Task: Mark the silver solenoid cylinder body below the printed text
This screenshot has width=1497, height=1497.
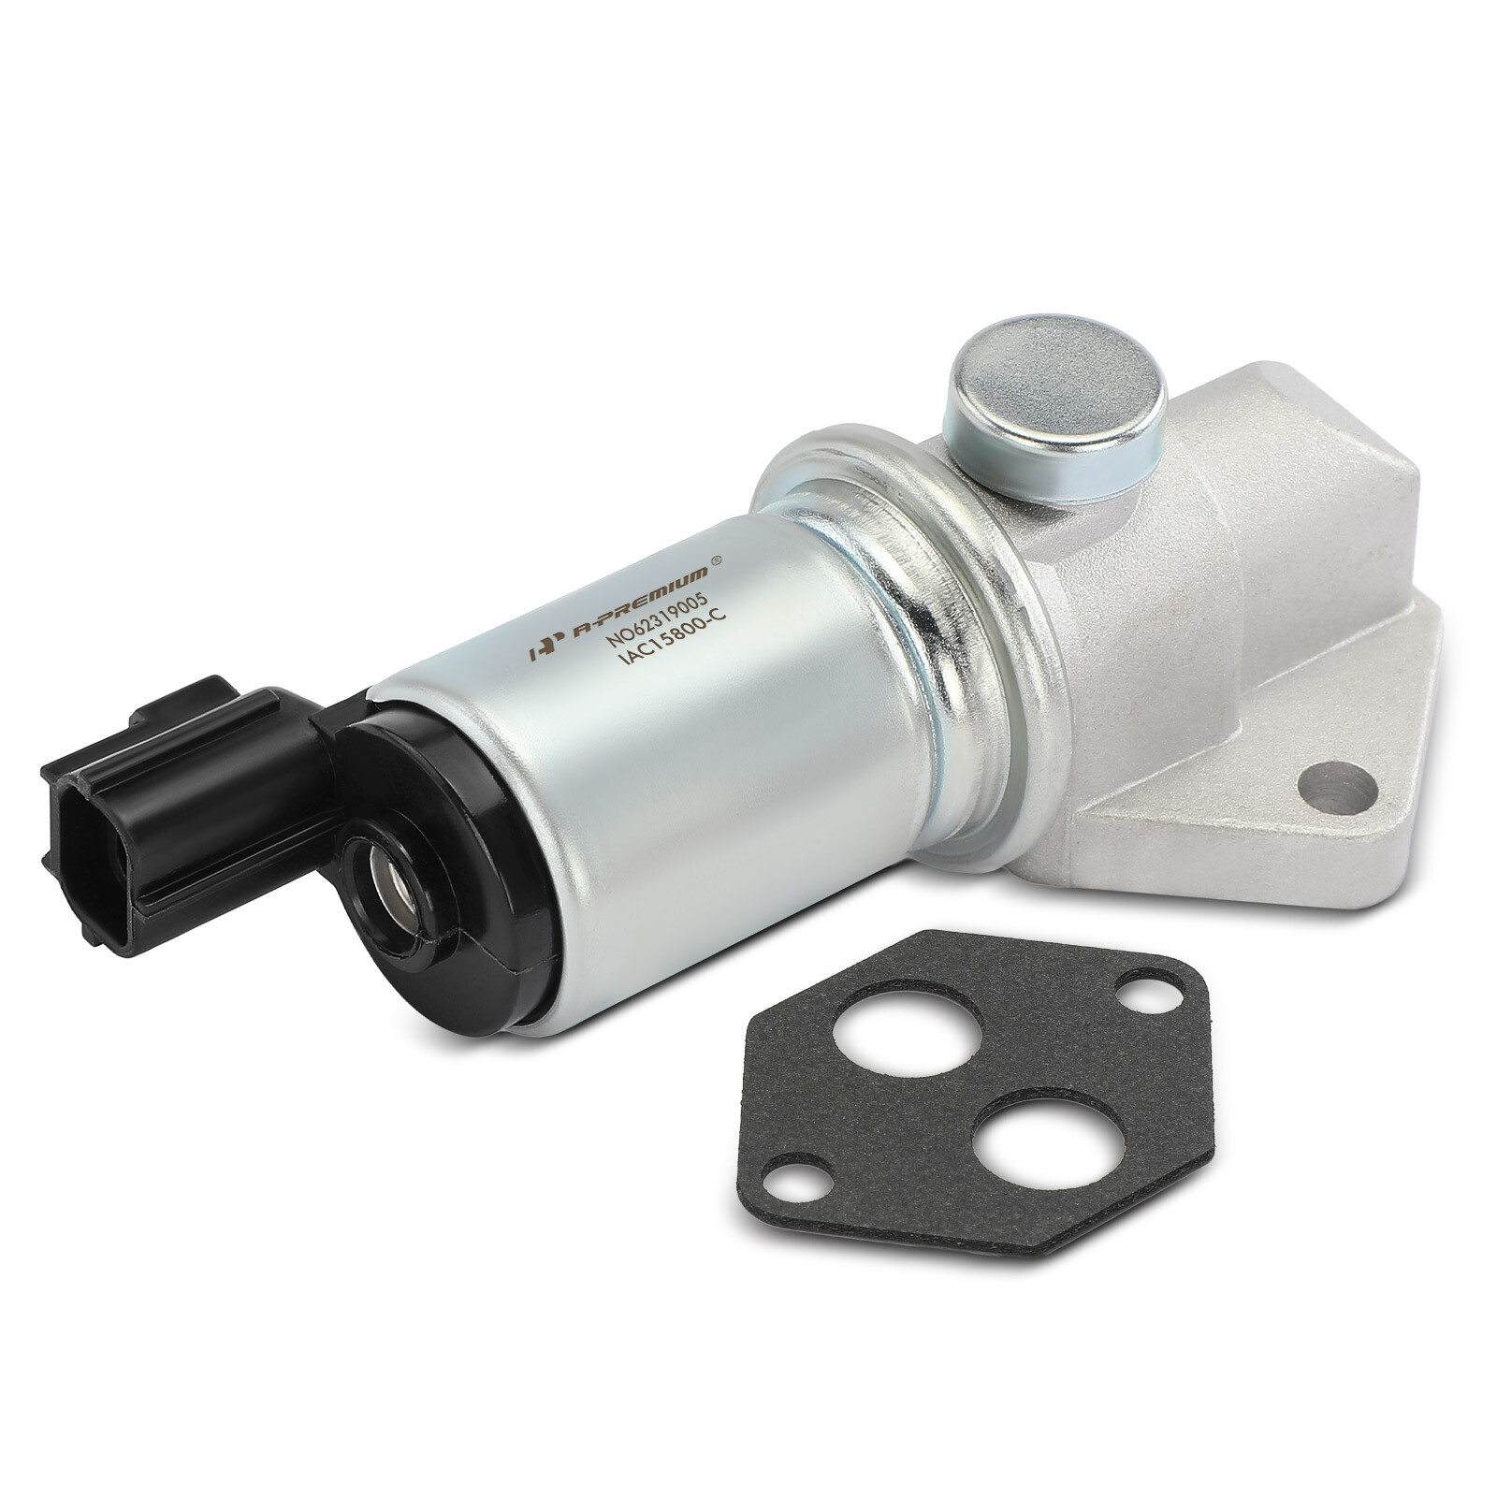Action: tap(711, 795)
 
